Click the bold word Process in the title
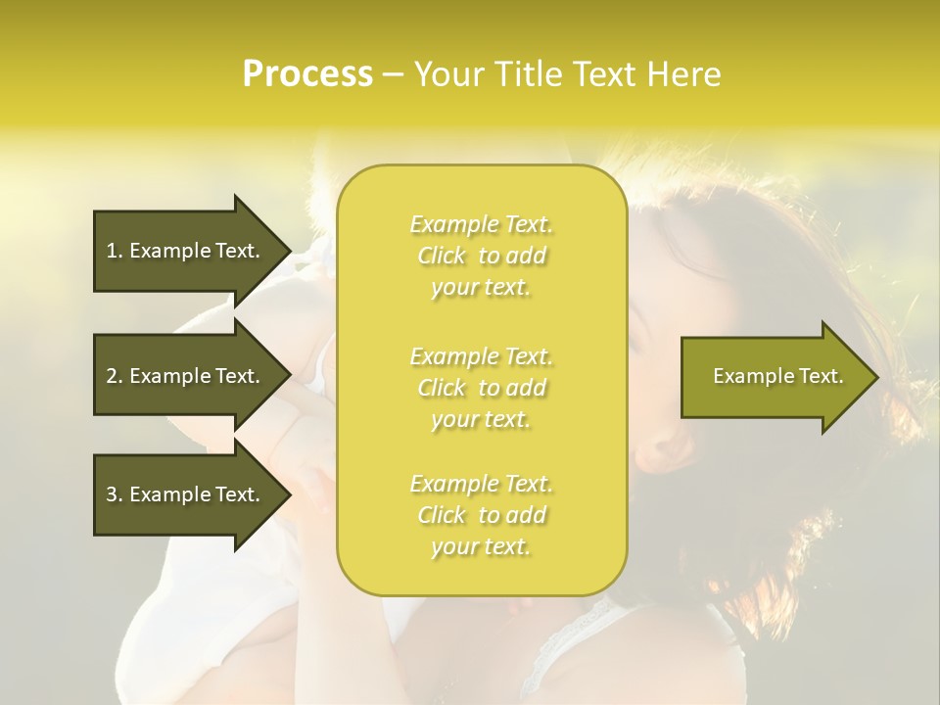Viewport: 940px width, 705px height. tap(307, 74)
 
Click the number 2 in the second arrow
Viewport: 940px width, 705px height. tap(112, 376)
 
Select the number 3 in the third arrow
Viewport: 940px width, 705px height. tap(112, 494)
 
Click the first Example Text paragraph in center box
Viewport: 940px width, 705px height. tap(481, 256)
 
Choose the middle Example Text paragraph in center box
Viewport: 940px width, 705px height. tap(481, 388)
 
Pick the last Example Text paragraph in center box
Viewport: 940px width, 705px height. tap(481, 515)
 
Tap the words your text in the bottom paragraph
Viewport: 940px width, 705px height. tap(480, 546)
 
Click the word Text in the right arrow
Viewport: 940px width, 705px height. tap(820, 376)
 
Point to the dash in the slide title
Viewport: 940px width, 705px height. tap(394, 75)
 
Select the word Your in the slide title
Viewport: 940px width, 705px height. tap(446, 74)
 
